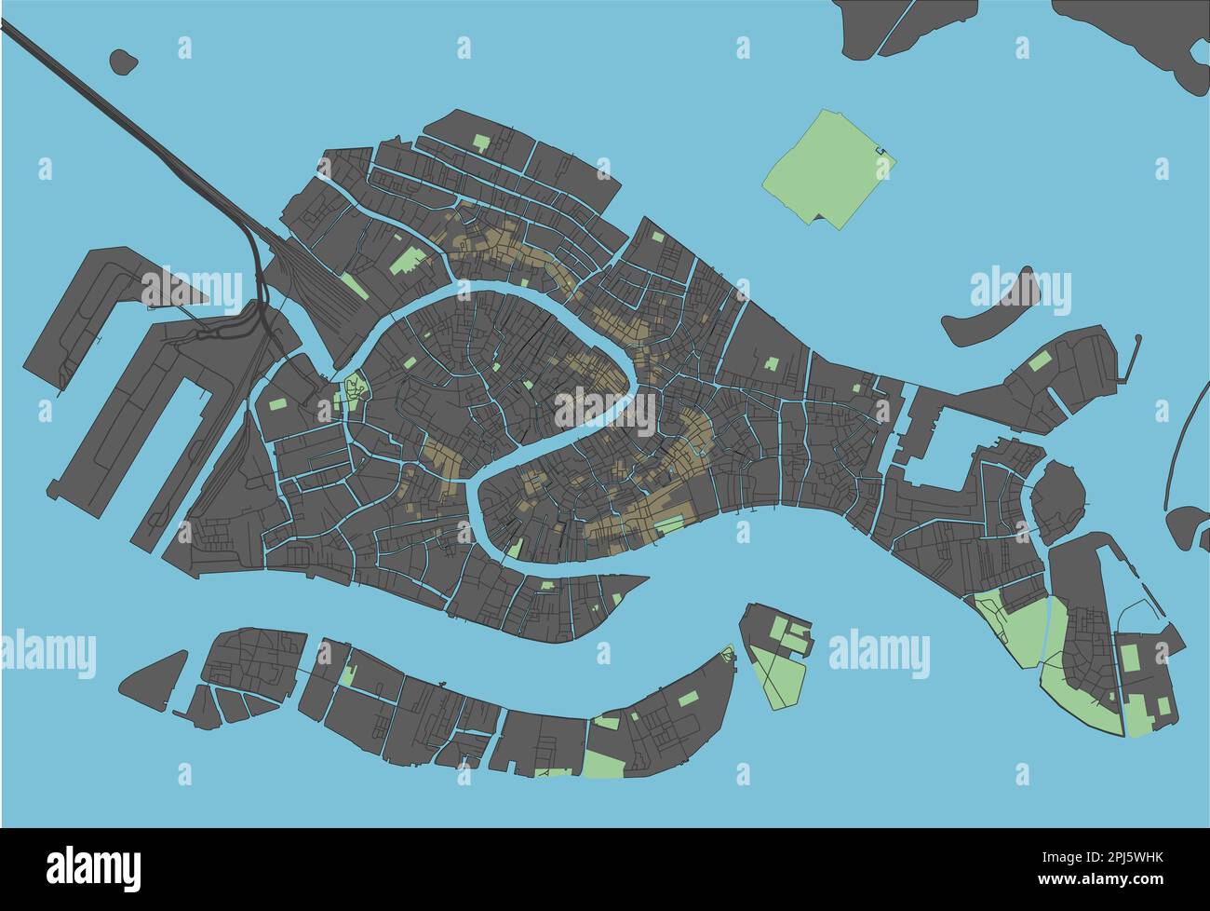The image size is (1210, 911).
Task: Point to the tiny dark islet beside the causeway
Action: [123, 61]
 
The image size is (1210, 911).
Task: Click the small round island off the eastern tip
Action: [1058, 500]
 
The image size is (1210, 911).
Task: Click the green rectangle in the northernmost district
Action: [481, 143]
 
